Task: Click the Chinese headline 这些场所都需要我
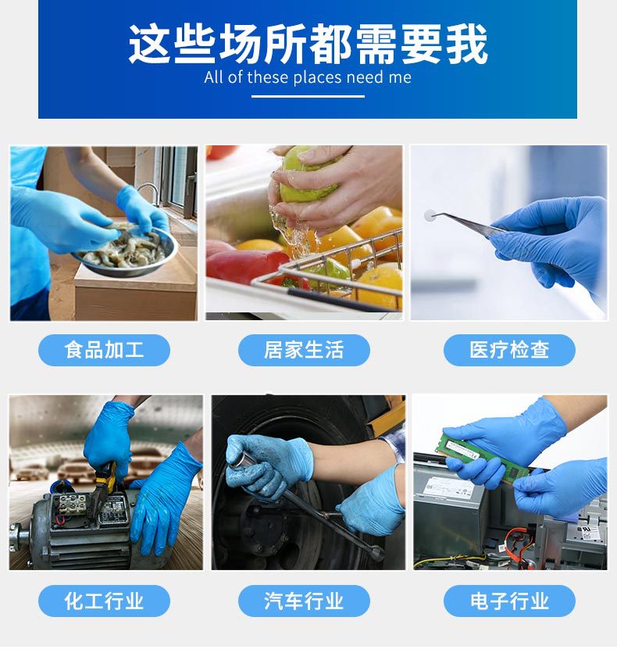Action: (x=308, y=44)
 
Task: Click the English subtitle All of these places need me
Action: (x=308, y=77)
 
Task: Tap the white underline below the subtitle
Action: (x=308, y=96)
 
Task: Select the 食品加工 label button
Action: (x=104, y=350)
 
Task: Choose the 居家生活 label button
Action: (x=304, y=350)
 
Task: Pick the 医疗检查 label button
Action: (x=509, y=350)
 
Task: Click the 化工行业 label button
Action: (x=104, y=601)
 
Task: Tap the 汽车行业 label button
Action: (x=304, y=601)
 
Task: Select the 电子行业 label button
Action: (x=509, y=601)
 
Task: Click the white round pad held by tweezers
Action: (x=430, y=215)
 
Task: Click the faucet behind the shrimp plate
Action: (x=148, y=191)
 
